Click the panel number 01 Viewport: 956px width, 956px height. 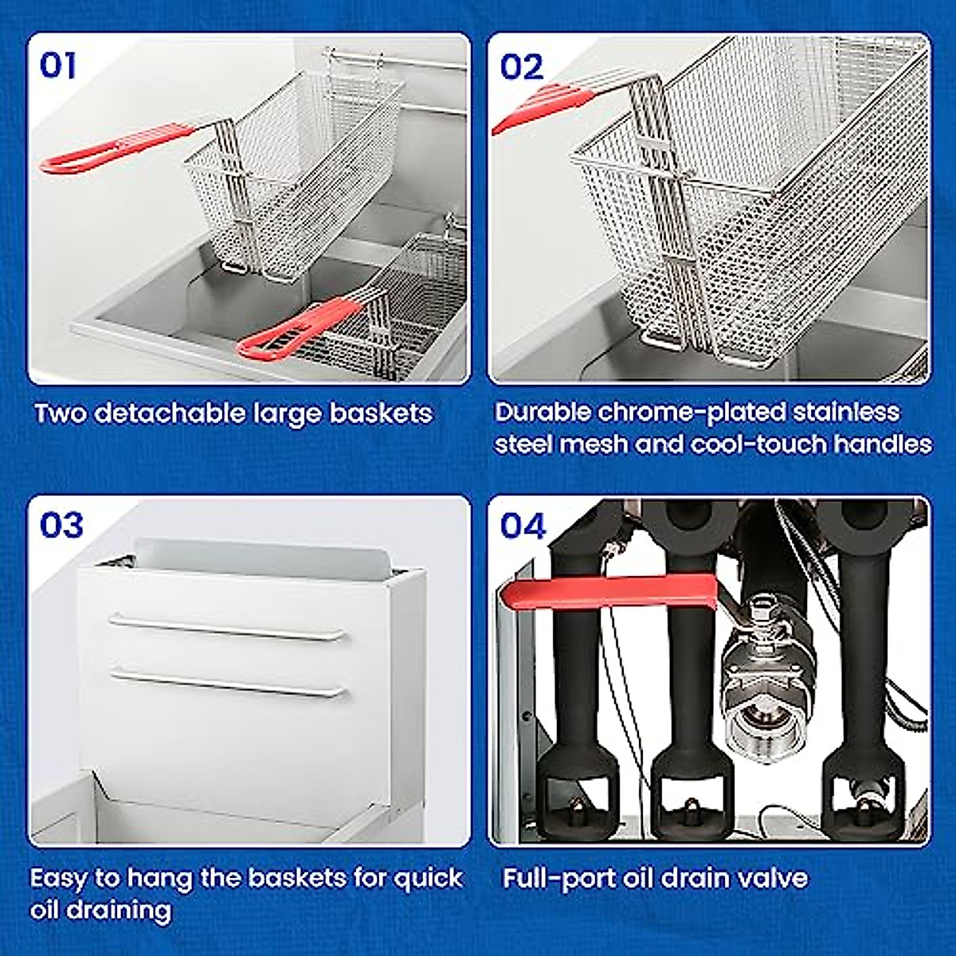(x=58, y=65)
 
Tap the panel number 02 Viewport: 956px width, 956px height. (x=522, y=67)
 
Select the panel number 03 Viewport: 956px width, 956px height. (x=61, y=525)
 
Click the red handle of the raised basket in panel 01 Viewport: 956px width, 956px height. (x=119, y=147)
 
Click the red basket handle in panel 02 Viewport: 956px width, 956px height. (x=542, y=108)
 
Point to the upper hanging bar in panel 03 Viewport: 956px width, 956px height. (x=228, y=628)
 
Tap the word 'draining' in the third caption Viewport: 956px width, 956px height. (x=102, y=910)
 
